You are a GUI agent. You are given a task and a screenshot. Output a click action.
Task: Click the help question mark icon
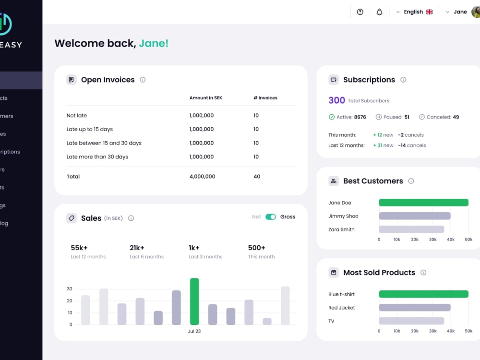coord(360,12)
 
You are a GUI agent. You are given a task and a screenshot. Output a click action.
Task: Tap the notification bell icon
coord(379,12)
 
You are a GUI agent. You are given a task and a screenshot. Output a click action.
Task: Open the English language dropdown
coord(414,12)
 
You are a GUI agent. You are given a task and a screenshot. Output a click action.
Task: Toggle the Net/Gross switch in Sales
coord(271,217)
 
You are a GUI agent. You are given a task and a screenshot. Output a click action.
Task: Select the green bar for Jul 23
coord(194,301)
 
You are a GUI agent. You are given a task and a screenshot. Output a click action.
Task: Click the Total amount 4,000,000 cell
coord(202,177)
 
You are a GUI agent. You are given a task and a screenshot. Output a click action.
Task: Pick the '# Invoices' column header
coord(265,98)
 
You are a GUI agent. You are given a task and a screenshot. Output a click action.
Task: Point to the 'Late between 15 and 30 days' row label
coord(104,143)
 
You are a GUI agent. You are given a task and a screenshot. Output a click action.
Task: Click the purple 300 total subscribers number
coord(336,100)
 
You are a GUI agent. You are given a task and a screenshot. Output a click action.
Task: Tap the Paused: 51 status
coord(392,117)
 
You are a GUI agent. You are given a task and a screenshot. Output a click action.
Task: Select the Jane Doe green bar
coord(423,203)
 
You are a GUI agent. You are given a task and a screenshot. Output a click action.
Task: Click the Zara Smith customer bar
coord(411,229)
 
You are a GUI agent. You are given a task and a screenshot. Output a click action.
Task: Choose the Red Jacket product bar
coord(415,308)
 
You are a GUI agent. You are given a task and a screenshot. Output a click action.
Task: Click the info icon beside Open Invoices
coord(143,80)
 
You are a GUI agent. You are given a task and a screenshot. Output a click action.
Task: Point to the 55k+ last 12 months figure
coord(79,248)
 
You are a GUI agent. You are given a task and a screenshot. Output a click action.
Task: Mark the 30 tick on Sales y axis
coord(70,289)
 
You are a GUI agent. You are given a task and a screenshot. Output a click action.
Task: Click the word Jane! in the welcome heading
coord(154,44)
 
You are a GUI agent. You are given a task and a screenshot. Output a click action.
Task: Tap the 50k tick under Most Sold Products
coord(468,331)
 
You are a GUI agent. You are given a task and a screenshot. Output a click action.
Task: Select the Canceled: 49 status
coord(439,117)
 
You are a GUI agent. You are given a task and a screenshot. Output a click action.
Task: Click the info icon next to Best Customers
coord(411,181)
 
